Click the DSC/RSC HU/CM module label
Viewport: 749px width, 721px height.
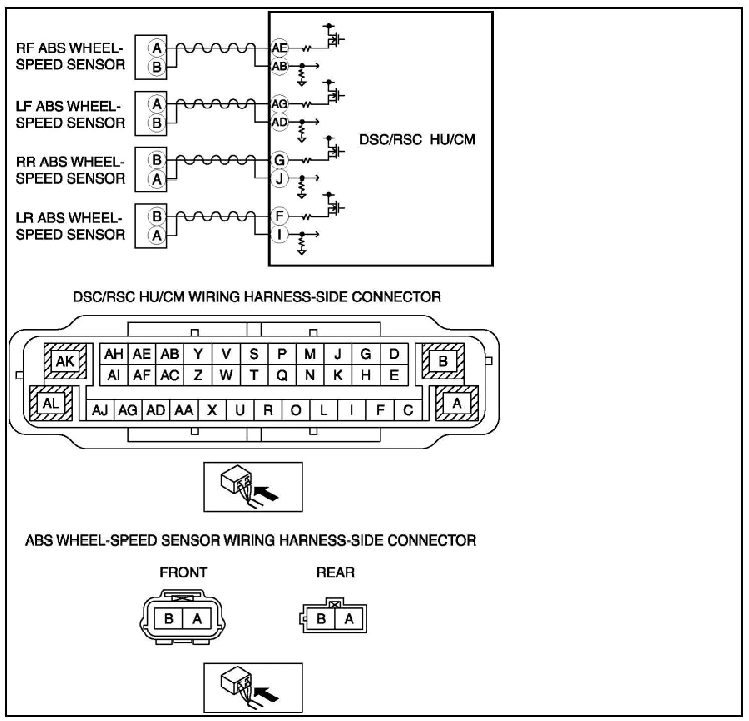[x=417, y=139]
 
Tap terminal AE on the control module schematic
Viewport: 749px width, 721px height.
[x=279, y=48]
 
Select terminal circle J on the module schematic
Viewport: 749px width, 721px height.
[x=279, y=178]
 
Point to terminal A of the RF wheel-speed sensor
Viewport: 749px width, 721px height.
[x=157, y=48]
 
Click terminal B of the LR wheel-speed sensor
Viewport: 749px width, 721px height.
[x=157, y=216]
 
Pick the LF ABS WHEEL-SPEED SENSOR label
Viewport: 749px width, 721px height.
[x=70, y=114]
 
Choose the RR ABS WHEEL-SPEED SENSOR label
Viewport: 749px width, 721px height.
[x=70, y=170]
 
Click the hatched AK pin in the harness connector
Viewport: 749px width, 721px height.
[x=65, y=361]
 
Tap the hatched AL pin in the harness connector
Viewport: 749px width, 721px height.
[x=51, y=403]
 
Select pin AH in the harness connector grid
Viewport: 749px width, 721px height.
[x=114, y=354]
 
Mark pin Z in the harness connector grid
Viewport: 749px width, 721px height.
[x=198, y=375]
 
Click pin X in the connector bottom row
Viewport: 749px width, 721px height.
[x=212, y=410]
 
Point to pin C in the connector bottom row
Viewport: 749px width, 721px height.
[x=408, y=410]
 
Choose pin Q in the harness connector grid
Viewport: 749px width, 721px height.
[x=282, y=375]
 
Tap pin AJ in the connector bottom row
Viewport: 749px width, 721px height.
[x=100, y=410]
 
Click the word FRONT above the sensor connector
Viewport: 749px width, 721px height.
[x=183, y=572]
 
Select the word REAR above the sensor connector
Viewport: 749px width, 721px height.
[x=335, y=572]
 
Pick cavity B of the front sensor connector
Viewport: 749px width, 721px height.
[x=169, y=619]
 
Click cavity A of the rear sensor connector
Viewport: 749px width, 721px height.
[x=349, y=619]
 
